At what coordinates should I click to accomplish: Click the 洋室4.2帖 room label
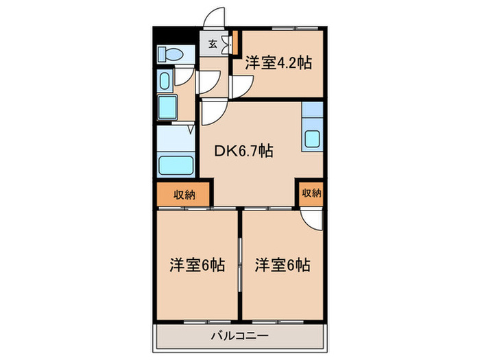click(278, 63)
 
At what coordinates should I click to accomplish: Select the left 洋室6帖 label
click(197, 264)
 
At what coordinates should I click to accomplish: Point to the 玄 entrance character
click(213, 45)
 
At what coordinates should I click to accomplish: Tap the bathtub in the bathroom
click(176, 165)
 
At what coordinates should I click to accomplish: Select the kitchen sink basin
click(313, 139)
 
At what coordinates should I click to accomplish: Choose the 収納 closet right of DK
click(311, 193)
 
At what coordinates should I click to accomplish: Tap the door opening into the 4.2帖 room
click(241, 85)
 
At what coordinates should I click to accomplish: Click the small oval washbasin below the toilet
click(165, 82)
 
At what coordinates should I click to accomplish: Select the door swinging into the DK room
click(211, 112)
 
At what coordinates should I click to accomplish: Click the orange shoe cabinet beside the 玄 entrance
click(234, 44)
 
